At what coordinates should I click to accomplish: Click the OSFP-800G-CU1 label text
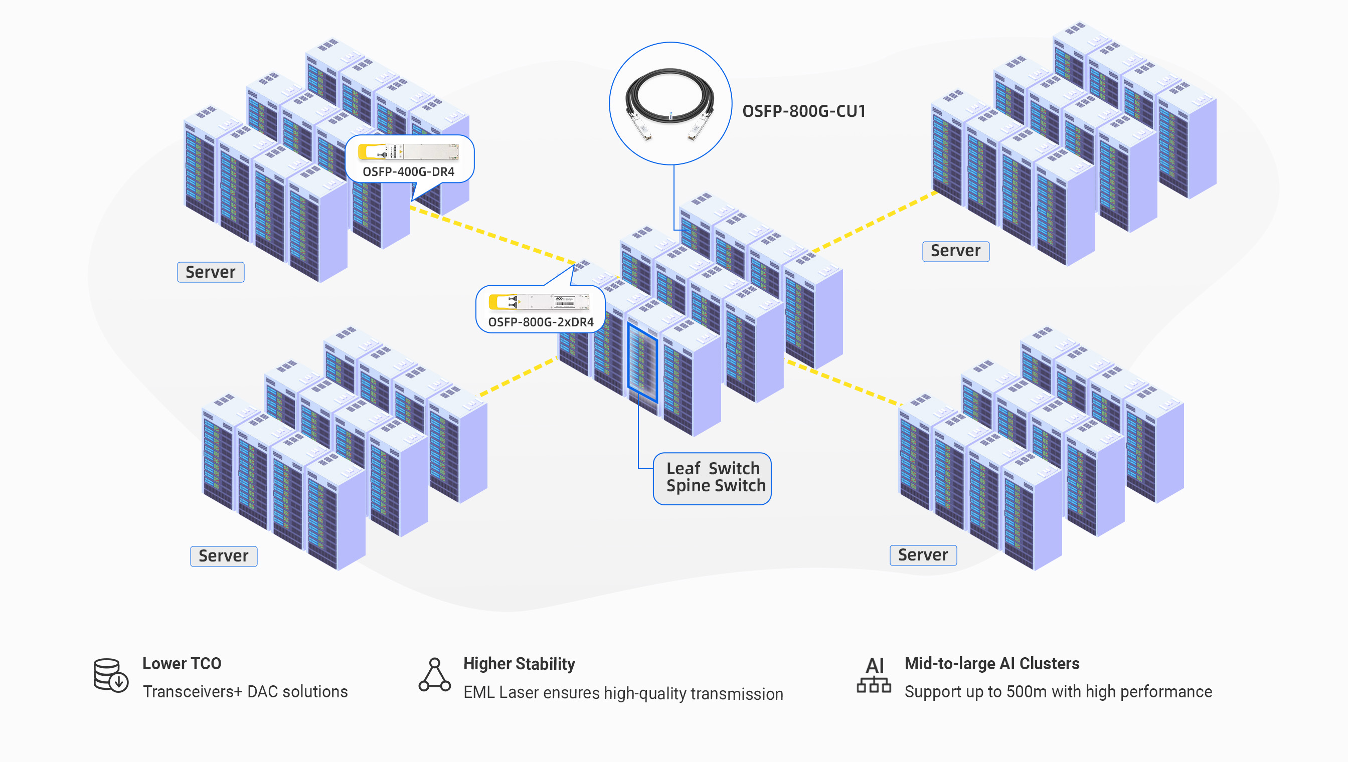tap(803, 111)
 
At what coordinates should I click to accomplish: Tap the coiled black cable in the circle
tap(669, 99)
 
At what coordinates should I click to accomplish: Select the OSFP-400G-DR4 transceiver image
tap(408, 152)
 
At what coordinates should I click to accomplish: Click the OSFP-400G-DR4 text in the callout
tap(408, 171)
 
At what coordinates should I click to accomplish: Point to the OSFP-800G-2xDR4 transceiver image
tap(539, 302)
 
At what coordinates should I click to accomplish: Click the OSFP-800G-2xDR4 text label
tap(541, 322)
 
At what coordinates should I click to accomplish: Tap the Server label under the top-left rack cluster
tap(211, 272)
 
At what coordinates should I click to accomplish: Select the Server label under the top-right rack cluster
tap(955, 251)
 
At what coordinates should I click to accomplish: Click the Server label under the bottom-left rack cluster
tap(224, 556)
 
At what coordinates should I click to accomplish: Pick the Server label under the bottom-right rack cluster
tap(923, 555)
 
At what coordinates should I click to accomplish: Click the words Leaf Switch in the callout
tap(713, 468)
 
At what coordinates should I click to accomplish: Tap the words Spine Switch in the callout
tap(716, 486)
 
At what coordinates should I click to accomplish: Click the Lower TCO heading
tap(182, 664)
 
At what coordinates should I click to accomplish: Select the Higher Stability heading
tap(519, 664)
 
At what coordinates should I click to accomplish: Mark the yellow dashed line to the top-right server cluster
tap(874, 222)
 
